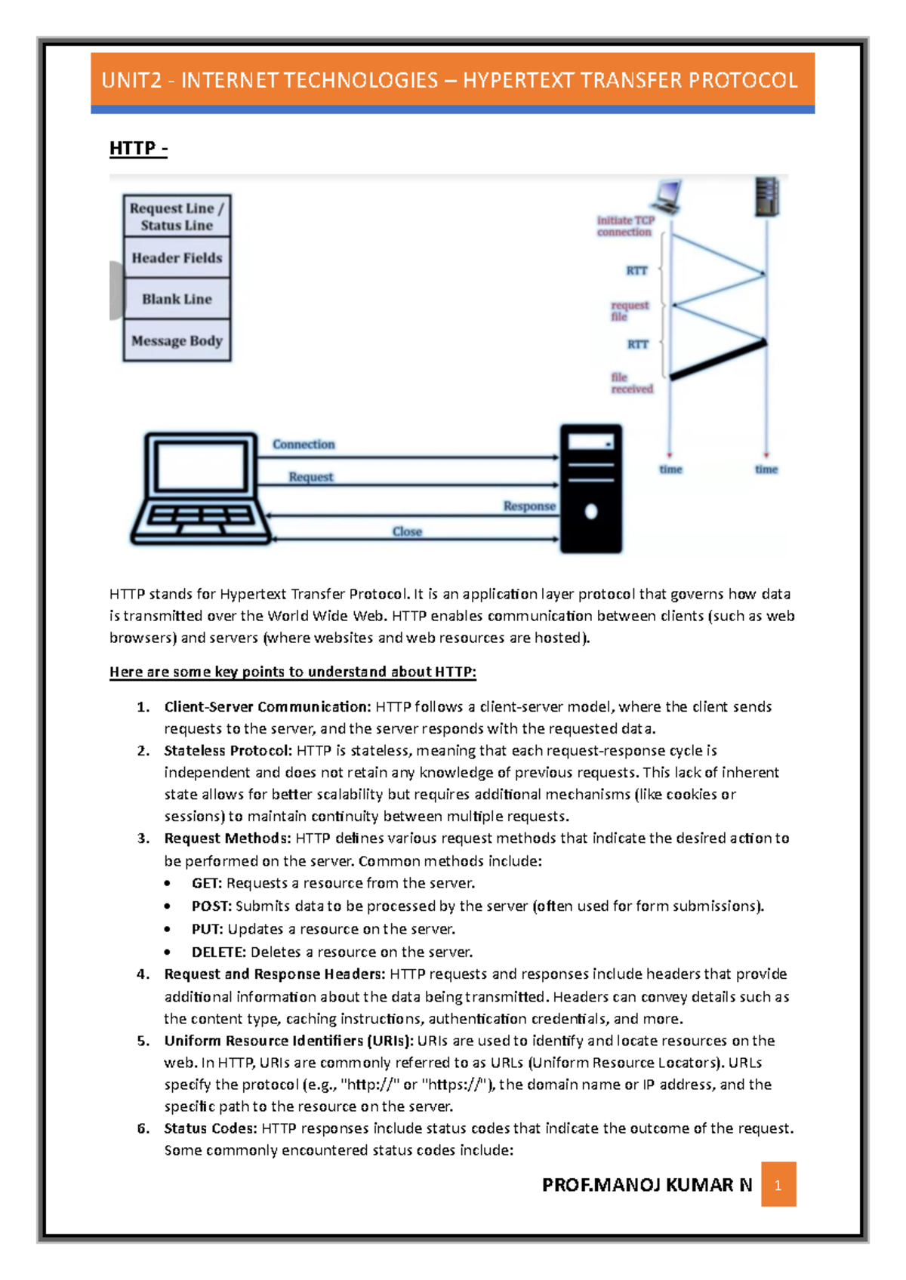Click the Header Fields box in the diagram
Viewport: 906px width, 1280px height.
(177, 258)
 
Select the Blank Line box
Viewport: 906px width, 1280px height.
(177, 299)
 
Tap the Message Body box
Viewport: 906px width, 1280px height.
(177, 341)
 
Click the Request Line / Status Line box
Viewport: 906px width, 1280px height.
(177, 217)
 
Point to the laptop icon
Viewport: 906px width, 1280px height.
(201, 488)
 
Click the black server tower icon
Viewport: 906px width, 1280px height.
(590, 488)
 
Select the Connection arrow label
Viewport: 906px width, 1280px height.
(304, 445)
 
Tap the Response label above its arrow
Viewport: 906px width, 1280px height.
(529, 506)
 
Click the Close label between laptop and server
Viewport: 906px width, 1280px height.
(407, 532)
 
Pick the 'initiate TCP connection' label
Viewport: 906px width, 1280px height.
(625, 226)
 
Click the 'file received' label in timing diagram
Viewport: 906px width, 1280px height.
(631, 383)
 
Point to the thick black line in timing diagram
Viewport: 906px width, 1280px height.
(718, 359)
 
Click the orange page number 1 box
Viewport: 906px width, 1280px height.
(778, 1184)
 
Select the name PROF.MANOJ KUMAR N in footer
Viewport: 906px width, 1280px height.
(647, 1185)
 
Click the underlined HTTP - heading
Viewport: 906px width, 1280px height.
(138, 148)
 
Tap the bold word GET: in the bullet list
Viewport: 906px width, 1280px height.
(207, 883)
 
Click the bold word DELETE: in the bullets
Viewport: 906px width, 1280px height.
(218, 952)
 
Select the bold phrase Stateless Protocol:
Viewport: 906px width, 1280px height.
(227, 751)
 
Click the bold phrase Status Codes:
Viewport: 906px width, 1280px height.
(211, 1128)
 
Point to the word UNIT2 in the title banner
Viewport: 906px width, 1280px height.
(132, 80)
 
